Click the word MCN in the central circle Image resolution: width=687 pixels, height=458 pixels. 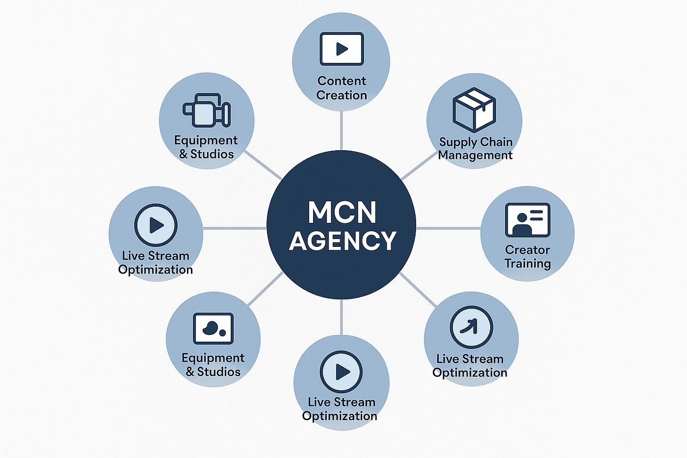[x=342, y=212]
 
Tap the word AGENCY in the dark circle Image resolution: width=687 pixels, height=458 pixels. [x=343, y=241]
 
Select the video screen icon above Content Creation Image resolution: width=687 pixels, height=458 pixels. [x=342, y=49]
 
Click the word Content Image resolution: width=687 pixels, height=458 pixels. [x=342, y=81]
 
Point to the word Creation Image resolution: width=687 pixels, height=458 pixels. [x=342, y=95]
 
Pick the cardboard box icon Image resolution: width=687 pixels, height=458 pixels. [x=474, y=110]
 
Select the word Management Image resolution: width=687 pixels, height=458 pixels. [x=475, y=155]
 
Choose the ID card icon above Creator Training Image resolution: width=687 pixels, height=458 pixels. [x=528, y=220]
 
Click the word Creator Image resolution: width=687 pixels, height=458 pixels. [x=528, y=250]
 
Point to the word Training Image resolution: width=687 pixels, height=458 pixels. [x=528, y=264]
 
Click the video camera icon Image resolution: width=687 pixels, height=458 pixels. [x=207, y=110]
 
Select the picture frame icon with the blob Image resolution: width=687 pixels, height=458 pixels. [x=213, y=328]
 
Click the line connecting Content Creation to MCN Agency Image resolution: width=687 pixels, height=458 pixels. [x=342, y=131]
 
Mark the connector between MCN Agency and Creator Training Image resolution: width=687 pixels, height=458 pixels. [x=449, y=228]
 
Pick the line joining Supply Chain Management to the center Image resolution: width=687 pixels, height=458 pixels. [x=419, y=165]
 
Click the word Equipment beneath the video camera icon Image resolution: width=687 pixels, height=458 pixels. [x=206, y=140]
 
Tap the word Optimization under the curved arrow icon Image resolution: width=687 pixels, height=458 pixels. [x=470, y=373]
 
